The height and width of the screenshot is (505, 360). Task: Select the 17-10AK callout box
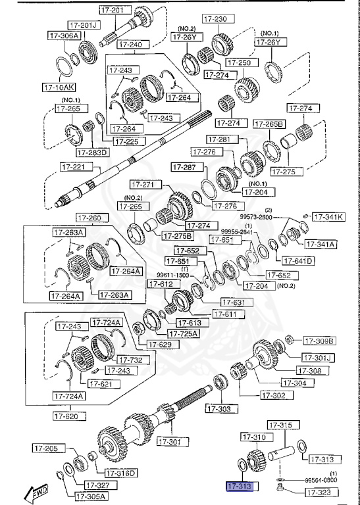click(59, 87)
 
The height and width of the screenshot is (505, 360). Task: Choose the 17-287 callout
click(188, 168)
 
